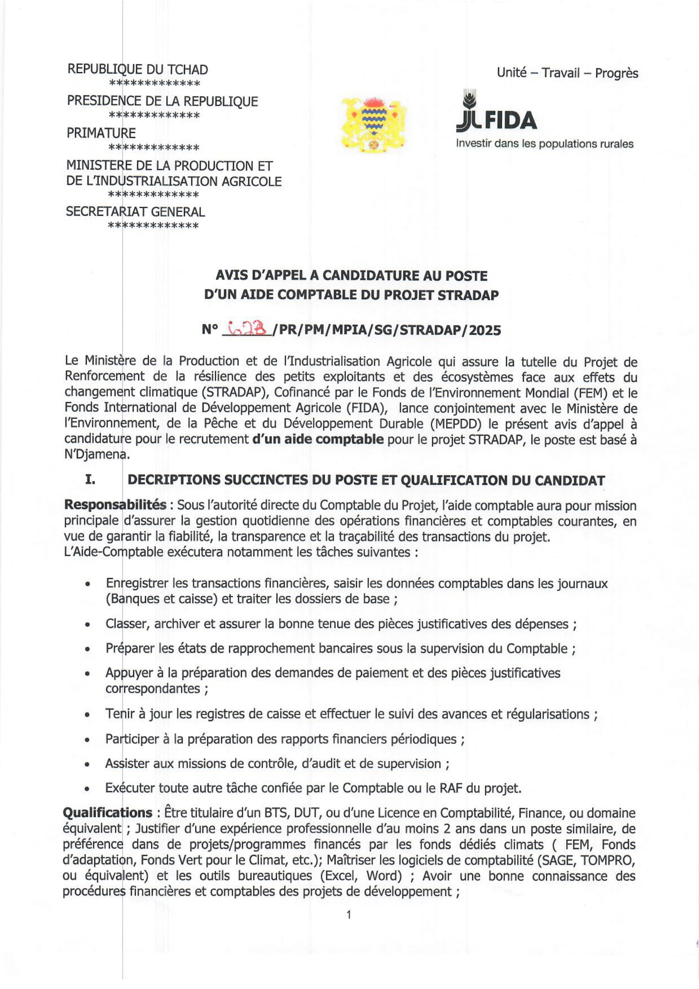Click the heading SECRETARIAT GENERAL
click(x=135, y=212)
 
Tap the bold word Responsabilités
click(x=115, y=505)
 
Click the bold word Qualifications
click(x=107, y=813)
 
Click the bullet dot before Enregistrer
click(x=88, y=584)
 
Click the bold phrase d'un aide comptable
click(x=318, y=439)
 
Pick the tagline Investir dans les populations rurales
click(x=544, y=144)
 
